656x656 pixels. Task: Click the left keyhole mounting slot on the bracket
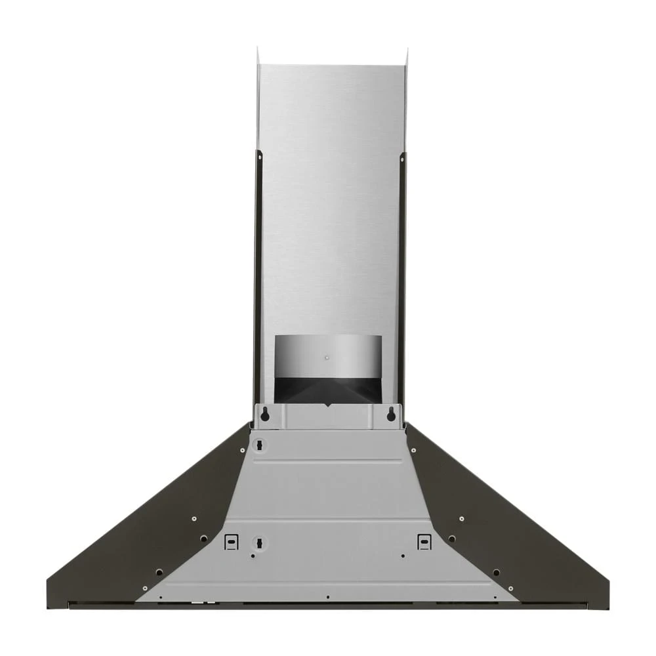pos(265,414)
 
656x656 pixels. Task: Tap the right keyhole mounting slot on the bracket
pos(391,414)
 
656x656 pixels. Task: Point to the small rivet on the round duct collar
pos(327,358)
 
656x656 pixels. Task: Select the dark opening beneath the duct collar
pos(327,390)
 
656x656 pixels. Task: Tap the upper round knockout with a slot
pos(259,445)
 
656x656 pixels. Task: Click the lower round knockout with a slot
pos(259,543)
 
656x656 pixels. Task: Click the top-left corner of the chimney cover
pos(258,49)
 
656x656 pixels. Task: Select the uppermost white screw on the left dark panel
pos(242,450)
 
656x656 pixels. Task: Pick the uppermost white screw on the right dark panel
pos(414,450)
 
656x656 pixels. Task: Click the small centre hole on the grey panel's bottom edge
pos(327,597)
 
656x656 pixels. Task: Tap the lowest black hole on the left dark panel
pos(159,572)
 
